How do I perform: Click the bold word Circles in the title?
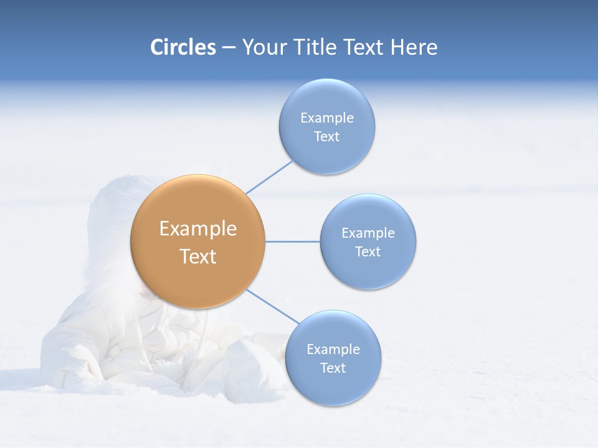point(183,47)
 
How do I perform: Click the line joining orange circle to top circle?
point(269,177)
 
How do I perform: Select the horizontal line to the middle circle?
point(292,241)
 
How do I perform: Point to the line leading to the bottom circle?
point(272,307)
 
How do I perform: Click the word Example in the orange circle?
point(198,229)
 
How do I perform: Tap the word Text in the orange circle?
point(198,256)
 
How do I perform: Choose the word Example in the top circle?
point(327,118)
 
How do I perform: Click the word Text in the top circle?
point(326,137)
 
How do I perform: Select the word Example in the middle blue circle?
point(368,233)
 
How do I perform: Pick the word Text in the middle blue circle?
point(368,252)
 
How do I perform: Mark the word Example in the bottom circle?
point(333,350)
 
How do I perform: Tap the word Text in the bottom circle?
point(333,368)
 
